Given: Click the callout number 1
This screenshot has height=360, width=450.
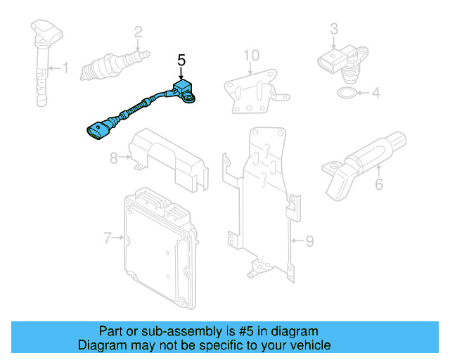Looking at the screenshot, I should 66,68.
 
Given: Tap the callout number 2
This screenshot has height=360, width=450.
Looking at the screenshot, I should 138,31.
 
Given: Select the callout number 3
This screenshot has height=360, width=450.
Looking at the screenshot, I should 334,28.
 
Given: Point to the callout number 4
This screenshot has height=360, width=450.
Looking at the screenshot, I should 375,92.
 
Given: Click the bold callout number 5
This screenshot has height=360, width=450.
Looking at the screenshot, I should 181,60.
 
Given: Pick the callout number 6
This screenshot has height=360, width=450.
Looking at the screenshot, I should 379,185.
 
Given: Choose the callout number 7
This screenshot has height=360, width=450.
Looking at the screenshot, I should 108,238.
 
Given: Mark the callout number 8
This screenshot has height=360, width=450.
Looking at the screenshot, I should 114,158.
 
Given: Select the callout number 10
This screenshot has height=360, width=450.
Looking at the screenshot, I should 251,56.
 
